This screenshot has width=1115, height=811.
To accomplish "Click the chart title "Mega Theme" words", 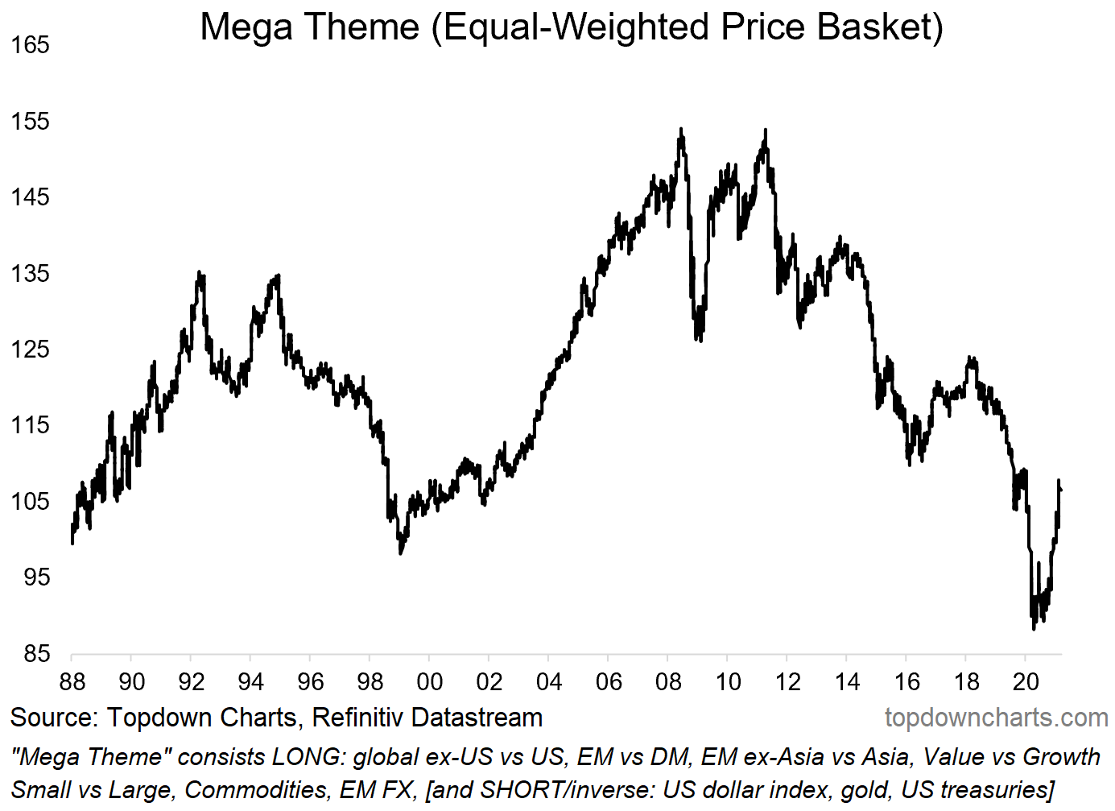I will (x=310, y=27).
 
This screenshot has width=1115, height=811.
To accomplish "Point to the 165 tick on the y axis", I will (x=30, y=45).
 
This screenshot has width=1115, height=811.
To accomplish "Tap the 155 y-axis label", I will (x=30, y=122).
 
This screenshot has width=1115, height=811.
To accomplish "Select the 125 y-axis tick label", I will (x=30, y=350).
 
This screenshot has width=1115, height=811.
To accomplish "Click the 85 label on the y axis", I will (x=36, y=653).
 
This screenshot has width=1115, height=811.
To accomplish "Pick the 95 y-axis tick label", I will (x=36, y=577).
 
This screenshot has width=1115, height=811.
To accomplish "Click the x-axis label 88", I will (x=72, y=682).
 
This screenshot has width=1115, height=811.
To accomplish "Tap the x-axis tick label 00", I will (x=430, y=682).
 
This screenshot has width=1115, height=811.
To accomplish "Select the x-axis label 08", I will (x=668, y=682).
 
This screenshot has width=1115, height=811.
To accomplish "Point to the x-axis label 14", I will (x=847, y=682).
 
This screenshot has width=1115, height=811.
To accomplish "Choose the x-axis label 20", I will (x=1026, y=682).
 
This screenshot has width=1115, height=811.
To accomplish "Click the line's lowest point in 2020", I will (x=1034, y=628).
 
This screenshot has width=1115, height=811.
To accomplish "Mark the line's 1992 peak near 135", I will (x=199, y=274).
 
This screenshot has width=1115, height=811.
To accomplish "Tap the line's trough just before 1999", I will (x=401, y=552).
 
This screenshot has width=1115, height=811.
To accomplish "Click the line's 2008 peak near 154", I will (x=681, y=129).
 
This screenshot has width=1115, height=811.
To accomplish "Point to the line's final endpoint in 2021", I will (x=1060, y=489).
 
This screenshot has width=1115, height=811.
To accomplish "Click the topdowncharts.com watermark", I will (x=997, y=718).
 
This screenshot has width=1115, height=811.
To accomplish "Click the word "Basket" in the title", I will (x=879, y=27).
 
